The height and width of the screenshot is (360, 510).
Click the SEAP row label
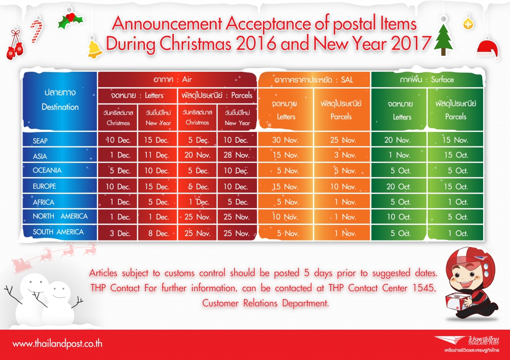point(40,141)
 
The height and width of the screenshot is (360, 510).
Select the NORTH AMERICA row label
point(60,216)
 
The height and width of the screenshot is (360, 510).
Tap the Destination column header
point(60,107)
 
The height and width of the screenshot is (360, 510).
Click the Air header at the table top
point(187,79)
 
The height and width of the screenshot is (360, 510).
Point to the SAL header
point(347,80)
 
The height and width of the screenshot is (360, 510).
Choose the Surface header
point(442,79)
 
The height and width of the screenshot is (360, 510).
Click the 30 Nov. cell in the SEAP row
point(285,140)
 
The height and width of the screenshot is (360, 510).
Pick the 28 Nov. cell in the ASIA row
point(237,155)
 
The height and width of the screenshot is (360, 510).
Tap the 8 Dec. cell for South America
point(158,233)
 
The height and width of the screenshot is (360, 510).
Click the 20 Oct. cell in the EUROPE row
point(398,187)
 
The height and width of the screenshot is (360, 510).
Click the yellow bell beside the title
point(94,48)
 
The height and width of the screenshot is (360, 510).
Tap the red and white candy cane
point(36,31)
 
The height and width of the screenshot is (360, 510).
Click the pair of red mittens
point(14,49)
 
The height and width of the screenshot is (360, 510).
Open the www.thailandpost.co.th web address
point(57,344)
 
